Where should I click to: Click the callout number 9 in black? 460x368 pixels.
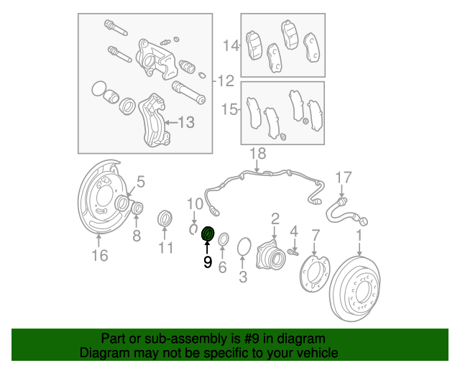tap(208, 263)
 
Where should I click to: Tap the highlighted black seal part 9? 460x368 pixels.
tap(208, 235)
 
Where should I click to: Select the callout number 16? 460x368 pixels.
tap(101, 255)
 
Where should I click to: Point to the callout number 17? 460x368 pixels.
tap(344, 177)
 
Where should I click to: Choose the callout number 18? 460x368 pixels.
tap(257, 153)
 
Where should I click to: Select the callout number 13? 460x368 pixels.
tap(185, 123)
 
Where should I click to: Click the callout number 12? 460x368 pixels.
tap(226, 80)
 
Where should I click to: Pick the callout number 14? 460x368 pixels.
tap(230, 46)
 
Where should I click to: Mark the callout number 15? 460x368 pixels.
tap(229, 110)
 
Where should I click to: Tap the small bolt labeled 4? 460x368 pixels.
tap(294, 250)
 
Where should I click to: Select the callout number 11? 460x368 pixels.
tap(166, 248)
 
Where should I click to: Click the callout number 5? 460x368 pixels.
tap(141, 181)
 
